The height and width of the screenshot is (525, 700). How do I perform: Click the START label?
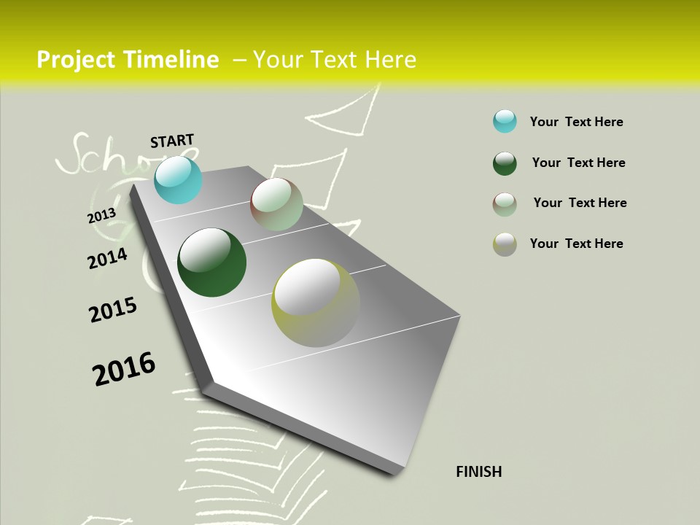(172, 141)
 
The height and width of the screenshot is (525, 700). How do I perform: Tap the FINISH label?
(479, 472)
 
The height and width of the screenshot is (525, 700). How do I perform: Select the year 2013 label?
(101, 216)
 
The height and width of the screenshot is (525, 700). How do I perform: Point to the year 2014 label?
(107, 259)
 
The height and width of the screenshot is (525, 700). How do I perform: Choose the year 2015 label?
(113, 310)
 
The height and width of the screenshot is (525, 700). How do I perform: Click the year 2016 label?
(124, 369)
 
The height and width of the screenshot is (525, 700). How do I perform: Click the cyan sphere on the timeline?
(178, 179)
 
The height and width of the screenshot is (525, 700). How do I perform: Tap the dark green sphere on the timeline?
(211, 262)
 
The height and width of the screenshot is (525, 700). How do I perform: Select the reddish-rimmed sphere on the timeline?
(276, 204)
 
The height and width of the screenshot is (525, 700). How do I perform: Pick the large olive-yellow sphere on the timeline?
(316, 303)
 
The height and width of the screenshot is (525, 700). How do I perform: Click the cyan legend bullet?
(505, 121)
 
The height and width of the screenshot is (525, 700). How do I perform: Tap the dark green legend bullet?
(505, 163)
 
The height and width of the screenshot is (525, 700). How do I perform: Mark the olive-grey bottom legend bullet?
(505, 244)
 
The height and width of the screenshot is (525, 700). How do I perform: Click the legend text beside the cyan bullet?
(576, 122)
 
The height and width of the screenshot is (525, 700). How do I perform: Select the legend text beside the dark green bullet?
(578, 163)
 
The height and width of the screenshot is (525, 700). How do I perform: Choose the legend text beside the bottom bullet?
(576, 244)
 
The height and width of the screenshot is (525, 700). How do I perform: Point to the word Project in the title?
(77, 60)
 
